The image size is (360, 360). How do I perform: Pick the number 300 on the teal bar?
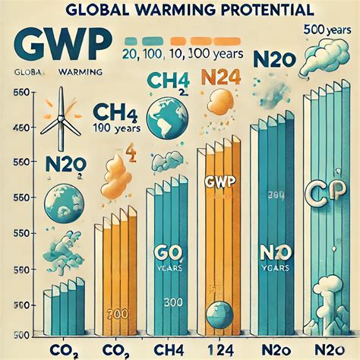[172, 303]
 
